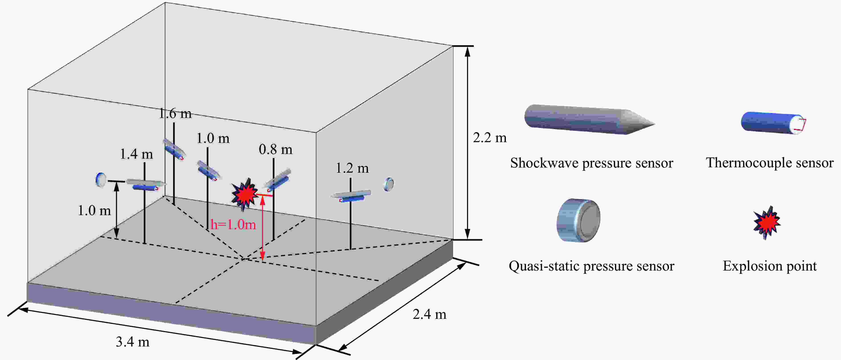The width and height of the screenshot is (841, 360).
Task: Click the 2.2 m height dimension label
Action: (490, 138)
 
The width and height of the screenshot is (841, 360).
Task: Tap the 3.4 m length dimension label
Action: (133, 342)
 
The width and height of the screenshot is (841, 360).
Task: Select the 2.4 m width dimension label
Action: (429, 314)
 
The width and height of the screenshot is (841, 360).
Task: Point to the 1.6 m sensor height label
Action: (175, 113)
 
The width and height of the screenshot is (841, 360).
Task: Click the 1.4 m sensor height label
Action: (136, 154)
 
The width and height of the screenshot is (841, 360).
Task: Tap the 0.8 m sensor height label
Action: (275, 150)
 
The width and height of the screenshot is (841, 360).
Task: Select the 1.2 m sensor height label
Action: (352, 168)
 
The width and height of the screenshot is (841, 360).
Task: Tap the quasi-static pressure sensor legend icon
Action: (578, 220)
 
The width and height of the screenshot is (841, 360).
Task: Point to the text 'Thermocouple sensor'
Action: (770, 163)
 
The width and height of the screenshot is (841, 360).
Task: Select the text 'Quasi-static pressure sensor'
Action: (591, 266)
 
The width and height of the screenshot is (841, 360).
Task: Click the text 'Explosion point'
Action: (770, 266)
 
